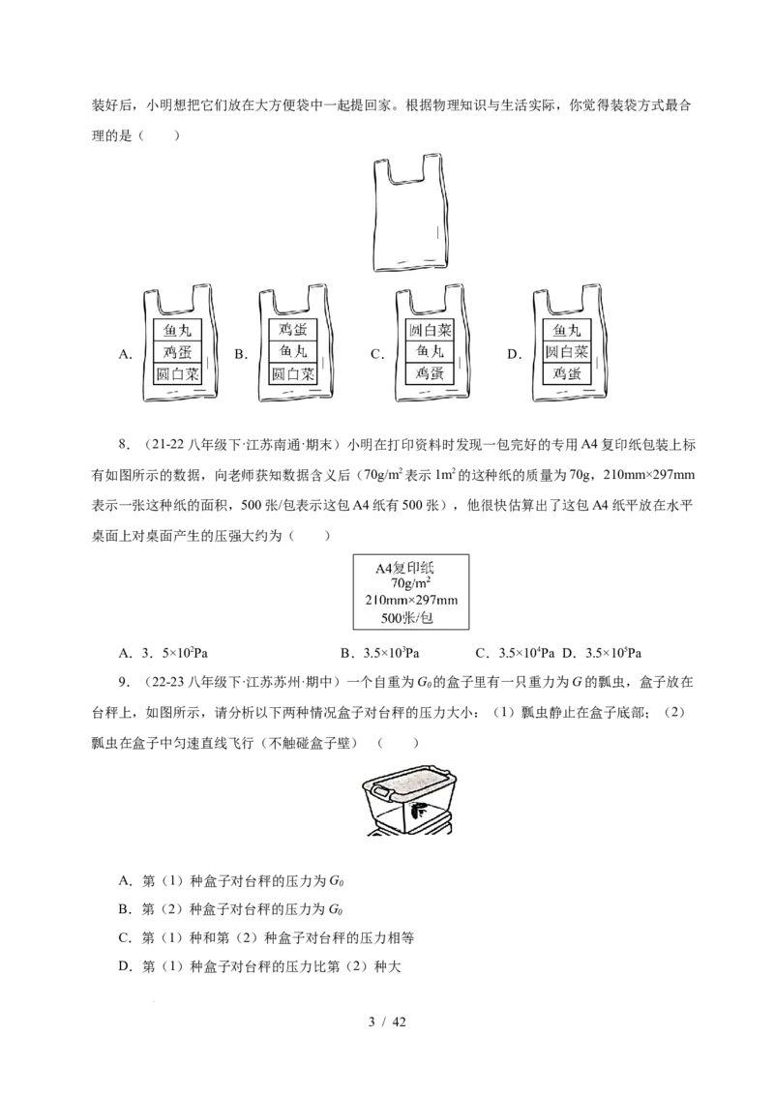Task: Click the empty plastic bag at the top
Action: [408, 213]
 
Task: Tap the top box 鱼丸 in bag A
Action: [177, 330]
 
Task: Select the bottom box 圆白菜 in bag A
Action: [177, 373]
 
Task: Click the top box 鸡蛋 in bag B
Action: [293, 329]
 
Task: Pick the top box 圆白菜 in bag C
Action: [430, 329]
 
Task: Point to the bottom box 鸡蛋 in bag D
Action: [567, 373]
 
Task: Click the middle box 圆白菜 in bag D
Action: [567, 351]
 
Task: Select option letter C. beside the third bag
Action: [377, 354]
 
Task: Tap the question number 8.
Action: [124, 445]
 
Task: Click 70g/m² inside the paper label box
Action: [411, 582]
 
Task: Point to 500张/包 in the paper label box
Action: [407, 617]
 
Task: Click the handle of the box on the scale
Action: [381, 792]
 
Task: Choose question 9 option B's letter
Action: [125, 908]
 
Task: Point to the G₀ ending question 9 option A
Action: [336, 881]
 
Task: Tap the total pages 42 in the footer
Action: [399, 1022]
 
